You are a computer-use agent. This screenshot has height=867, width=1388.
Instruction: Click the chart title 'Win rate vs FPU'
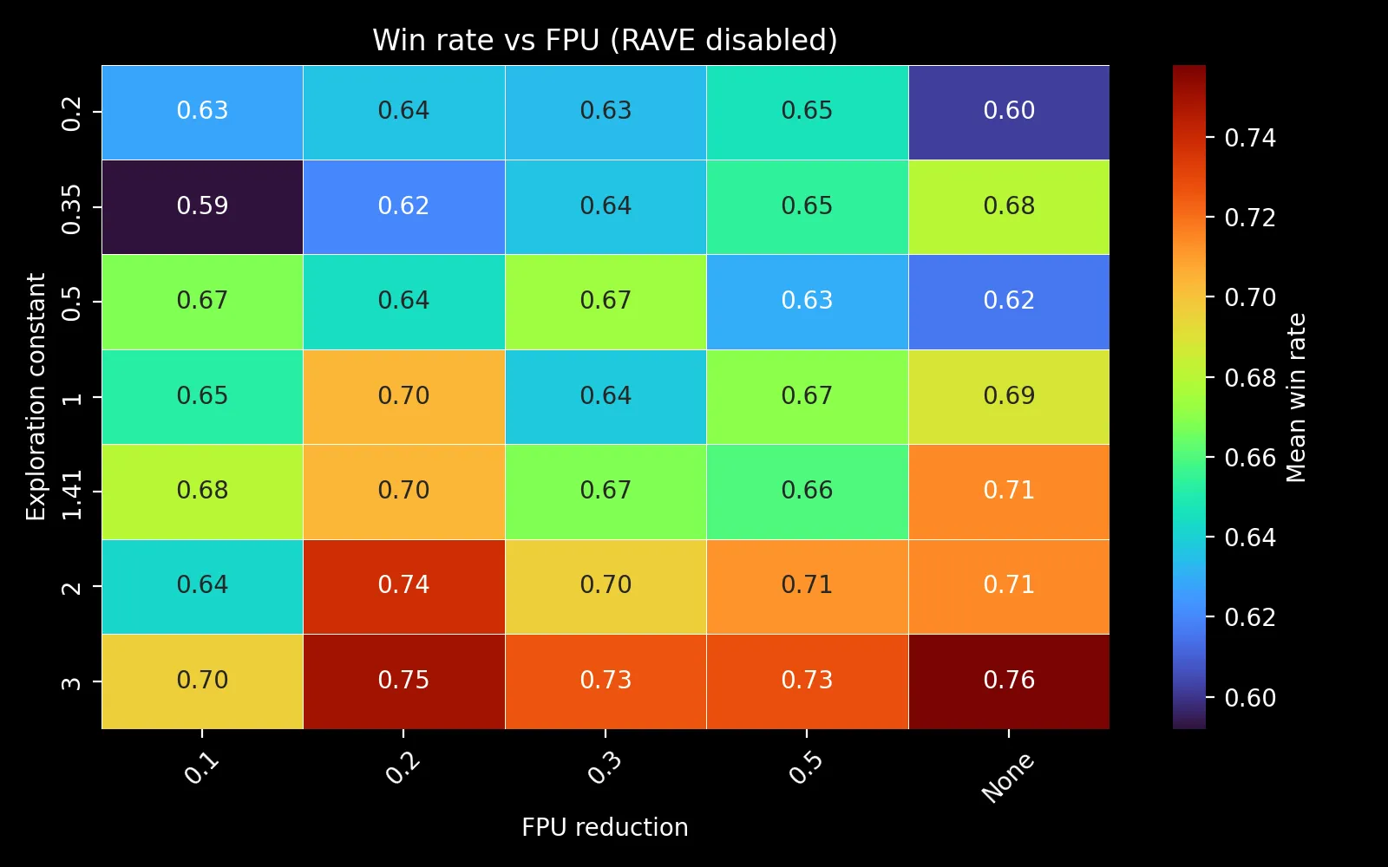coord(605,41)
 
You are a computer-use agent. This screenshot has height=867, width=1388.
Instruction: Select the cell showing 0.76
coord(1009,681)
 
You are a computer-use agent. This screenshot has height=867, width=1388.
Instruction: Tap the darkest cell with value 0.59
coord(202,206)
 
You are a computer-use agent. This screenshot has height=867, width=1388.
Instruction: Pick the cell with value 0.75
coord(403,681)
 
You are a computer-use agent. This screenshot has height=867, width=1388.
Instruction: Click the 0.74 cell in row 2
coord(403,586)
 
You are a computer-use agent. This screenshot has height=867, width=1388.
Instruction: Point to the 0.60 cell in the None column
coord(1009,112)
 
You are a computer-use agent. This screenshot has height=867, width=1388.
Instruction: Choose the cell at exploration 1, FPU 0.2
coord(403,396)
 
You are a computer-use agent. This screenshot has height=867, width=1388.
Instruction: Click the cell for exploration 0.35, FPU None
coord(1009,206)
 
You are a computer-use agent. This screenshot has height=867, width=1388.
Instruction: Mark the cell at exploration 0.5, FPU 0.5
coord(807,301)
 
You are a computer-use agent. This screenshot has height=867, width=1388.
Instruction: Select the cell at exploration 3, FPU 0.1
coord(202,681)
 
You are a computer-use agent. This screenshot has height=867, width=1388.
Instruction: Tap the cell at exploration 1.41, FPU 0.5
coord(807,491)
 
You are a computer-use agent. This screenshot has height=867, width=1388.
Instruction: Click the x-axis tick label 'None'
coord(1007,777)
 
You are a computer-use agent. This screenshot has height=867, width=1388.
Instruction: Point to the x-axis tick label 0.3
coord(605,768)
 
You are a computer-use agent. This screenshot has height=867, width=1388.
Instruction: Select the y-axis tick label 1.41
coord(72,494)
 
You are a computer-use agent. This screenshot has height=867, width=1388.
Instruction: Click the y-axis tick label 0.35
coord(72,209)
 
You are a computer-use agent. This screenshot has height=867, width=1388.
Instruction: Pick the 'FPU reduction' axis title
coord(605,827)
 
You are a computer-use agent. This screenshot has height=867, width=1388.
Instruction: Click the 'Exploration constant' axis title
coord(36,397)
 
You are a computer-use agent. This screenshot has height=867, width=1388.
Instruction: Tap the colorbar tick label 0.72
coord(1249,218)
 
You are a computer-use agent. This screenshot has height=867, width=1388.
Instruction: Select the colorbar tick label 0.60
coord(1249,698)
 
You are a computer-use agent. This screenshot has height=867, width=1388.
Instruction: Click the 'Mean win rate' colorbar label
coord(1295,397)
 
